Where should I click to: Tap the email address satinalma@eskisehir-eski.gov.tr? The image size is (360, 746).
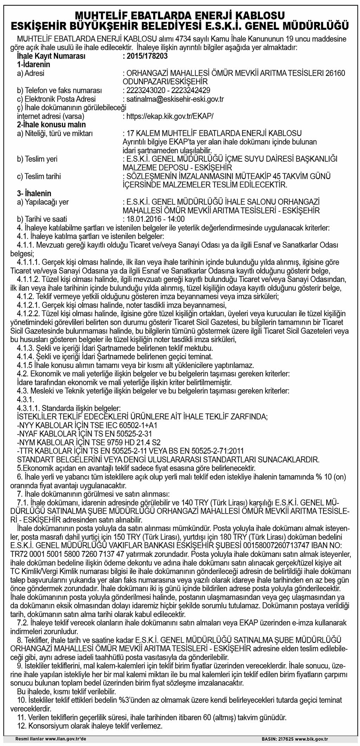pos(175,99)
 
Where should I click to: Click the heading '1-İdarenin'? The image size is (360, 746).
pos(33,65)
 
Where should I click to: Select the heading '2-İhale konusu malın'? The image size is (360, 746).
pos(51,124)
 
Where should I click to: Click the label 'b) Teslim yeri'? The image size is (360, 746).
pos(37,159)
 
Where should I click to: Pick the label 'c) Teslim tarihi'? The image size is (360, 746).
pos(39,176)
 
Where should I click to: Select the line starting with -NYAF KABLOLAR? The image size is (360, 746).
pos(84,433)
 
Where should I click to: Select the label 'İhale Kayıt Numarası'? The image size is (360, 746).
pos(51,56)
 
